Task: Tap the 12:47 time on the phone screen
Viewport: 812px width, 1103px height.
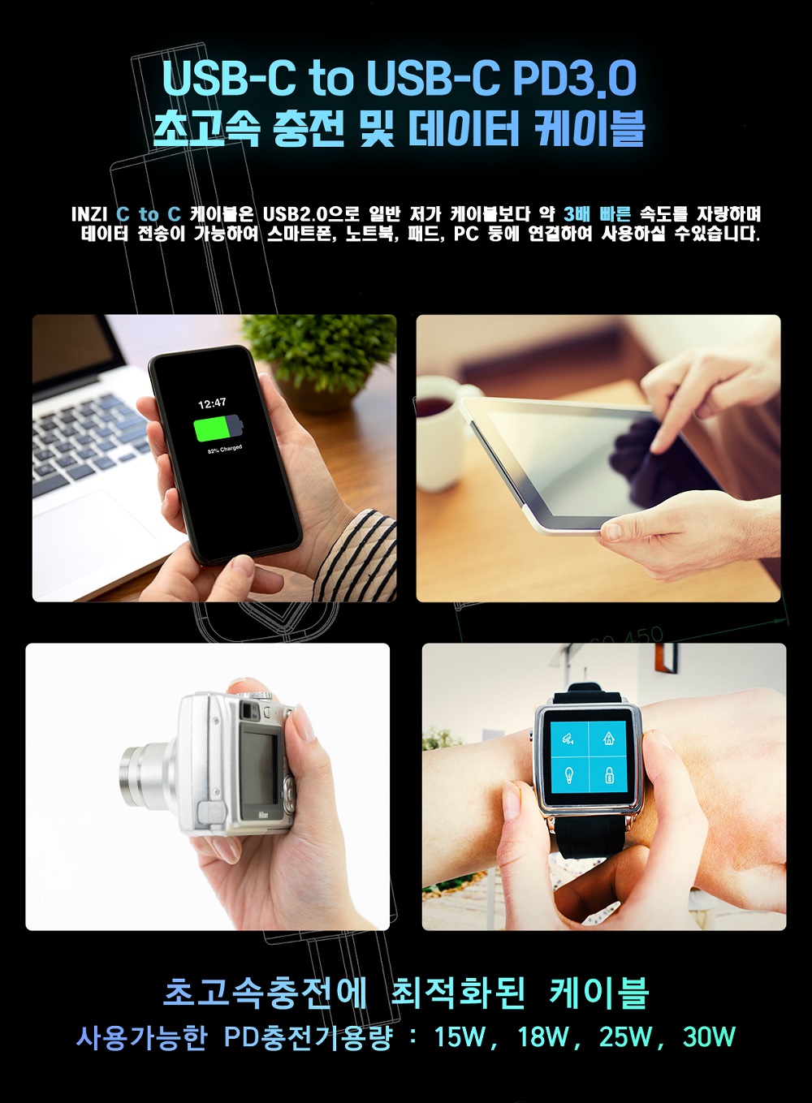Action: coord(213,403)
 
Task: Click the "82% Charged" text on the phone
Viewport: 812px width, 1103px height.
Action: coord(225,449)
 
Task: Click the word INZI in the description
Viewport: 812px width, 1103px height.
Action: coord(89,214)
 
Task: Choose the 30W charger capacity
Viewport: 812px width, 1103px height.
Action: coord(709,1037)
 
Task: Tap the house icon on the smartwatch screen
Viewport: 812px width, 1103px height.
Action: coord(609,738)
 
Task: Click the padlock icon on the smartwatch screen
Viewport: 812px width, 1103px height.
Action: coord(609,777)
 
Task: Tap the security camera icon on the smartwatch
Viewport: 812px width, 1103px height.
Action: coord(568,739)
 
